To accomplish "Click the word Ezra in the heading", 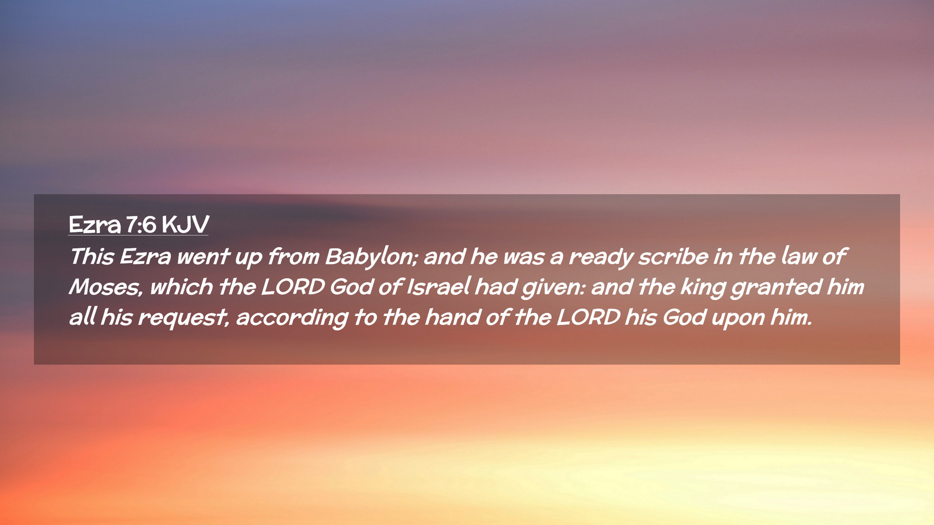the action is tap(94, 225).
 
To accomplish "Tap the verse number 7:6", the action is tap(141, 225).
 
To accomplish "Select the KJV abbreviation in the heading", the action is tap(185, 225).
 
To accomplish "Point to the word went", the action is tap(203, 257).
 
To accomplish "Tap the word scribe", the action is tap(673, 256).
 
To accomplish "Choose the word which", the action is tap(181, 286).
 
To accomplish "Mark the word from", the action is tap(294, 256).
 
